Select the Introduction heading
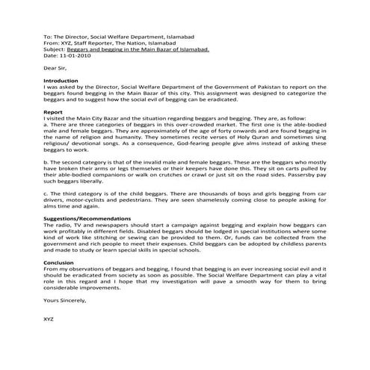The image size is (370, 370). tap(61, 80)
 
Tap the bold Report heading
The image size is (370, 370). tap(53, 111)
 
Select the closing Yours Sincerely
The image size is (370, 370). tap(65, 300)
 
